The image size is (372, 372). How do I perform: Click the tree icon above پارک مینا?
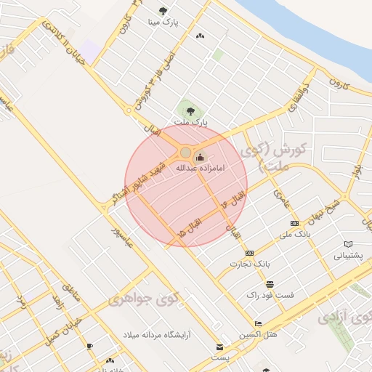pyautogui.click(x=163, y=12)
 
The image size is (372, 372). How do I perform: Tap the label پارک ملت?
pyautogui.click(x=191, y=123)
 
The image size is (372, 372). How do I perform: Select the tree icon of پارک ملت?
pyautogui.click(x=190, y=111)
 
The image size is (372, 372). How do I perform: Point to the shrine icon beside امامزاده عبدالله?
pyautogui.click(x=201, y=157)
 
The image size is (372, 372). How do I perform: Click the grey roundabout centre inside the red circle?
pyautogui.click(x=185, y=152)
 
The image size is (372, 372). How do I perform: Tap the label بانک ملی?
pyautogui.click(x=294, y=235)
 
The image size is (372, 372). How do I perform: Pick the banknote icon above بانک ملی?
pyautogui.click(x=294, y=223)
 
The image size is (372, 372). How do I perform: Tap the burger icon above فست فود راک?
pyautogui.click(x=270, y=283)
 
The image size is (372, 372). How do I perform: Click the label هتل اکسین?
pyautogui.click(x=258, y=335)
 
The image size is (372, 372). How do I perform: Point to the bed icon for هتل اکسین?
pyautogui.click(x=258, y=323)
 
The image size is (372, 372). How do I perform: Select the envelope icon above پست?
pyautogui.click(x=219, y=347)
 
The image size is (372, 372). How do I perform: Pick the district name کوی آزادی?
pyautogui.click(x=346, y=316)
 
